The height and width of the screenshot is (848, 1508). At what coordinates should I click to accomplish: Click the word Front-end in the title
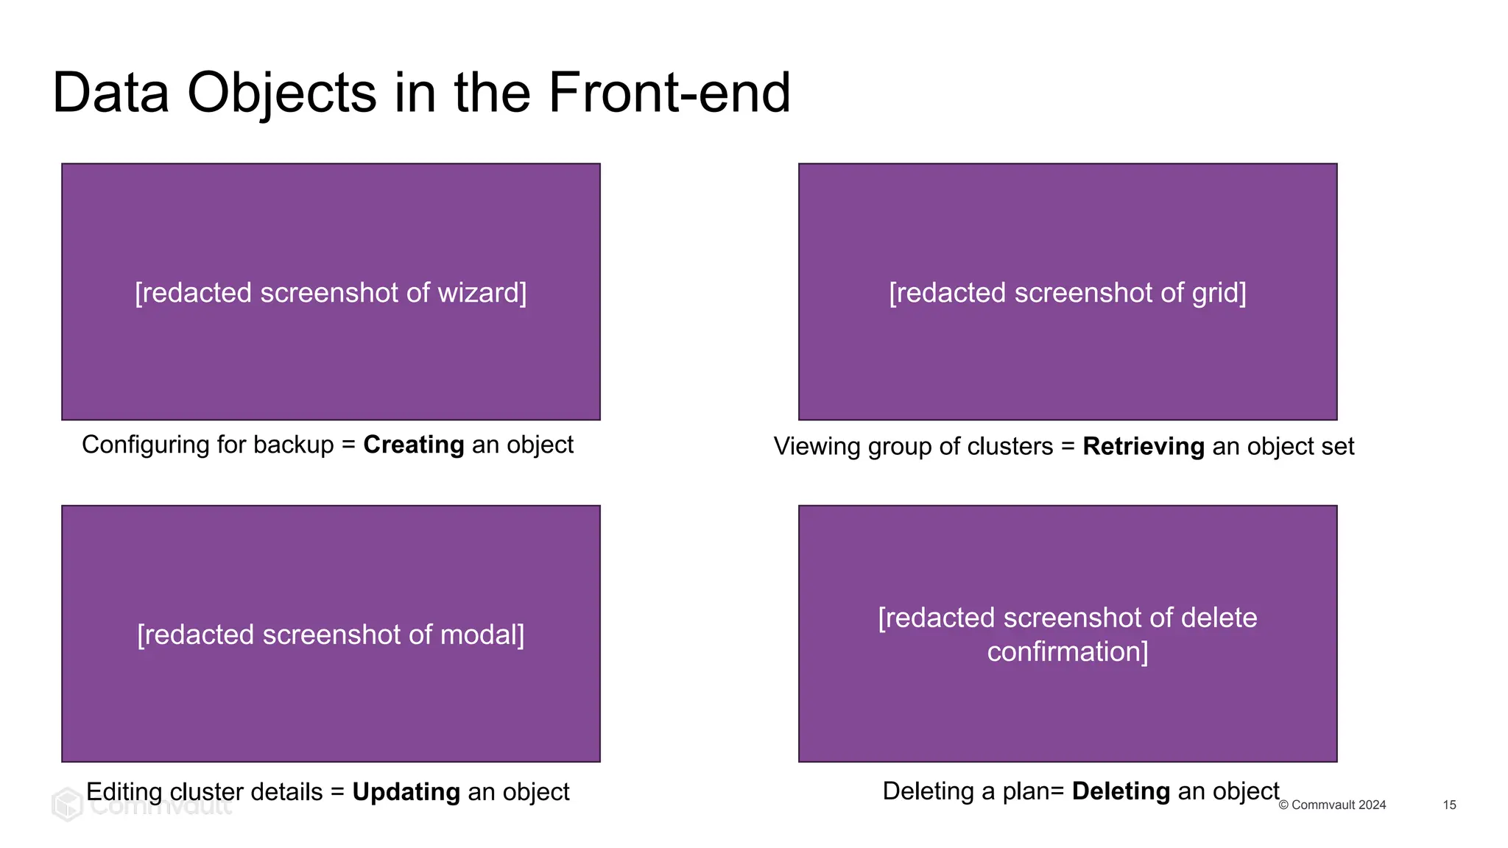click(x=669, y=93)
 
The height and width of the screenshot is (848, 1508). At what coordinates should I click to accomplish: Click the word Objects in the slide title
click(x=281, y=93)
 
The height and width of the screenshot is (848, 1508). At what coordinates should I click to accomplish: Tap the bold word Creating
click(x=413, y=445)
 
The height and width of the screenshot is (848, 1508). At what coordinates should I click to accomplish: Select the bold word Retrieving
click(x=1143, y=446)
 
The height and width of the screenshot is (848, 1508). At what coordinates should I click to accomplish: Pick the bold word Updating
click(x=406, y=792)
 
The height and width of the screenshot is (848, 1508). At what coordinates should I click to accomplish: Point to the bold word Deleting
click(x=1121, y=791)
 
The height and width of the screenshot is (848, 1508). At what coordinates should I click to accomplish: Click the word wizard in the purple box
click(x=482, y=293)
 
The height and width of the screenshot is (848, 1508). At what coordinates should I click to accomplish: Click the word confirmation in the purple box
click(x=1067, y=651)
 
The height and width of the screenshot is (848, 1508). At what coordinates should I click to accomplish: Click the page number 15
click(x=1449, y=805)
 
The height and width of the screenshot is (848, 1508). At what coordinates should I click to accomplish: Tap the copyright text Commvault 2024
click(x=1338, y=805)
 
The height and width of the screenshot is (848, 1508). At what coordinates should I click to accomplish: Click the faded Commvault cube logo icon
click(x=67, y=805)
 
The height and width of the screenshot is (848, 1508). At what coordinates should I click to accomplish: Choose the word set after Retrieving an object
click(x=1337, y=446)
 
